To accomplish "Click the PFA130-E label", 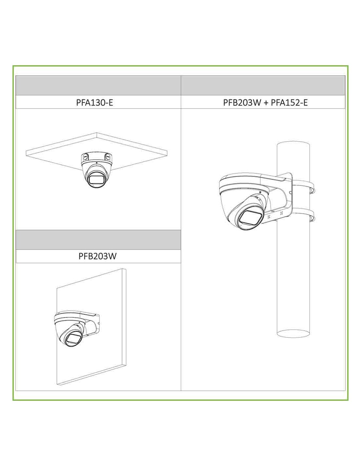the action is (95, 103).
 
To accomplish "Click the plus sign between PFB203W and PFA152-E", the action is (266, 103).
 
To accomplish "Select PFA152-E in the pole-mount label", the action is (289, 103).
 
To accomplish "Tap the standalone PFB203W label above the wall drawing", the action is (97, 256).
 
